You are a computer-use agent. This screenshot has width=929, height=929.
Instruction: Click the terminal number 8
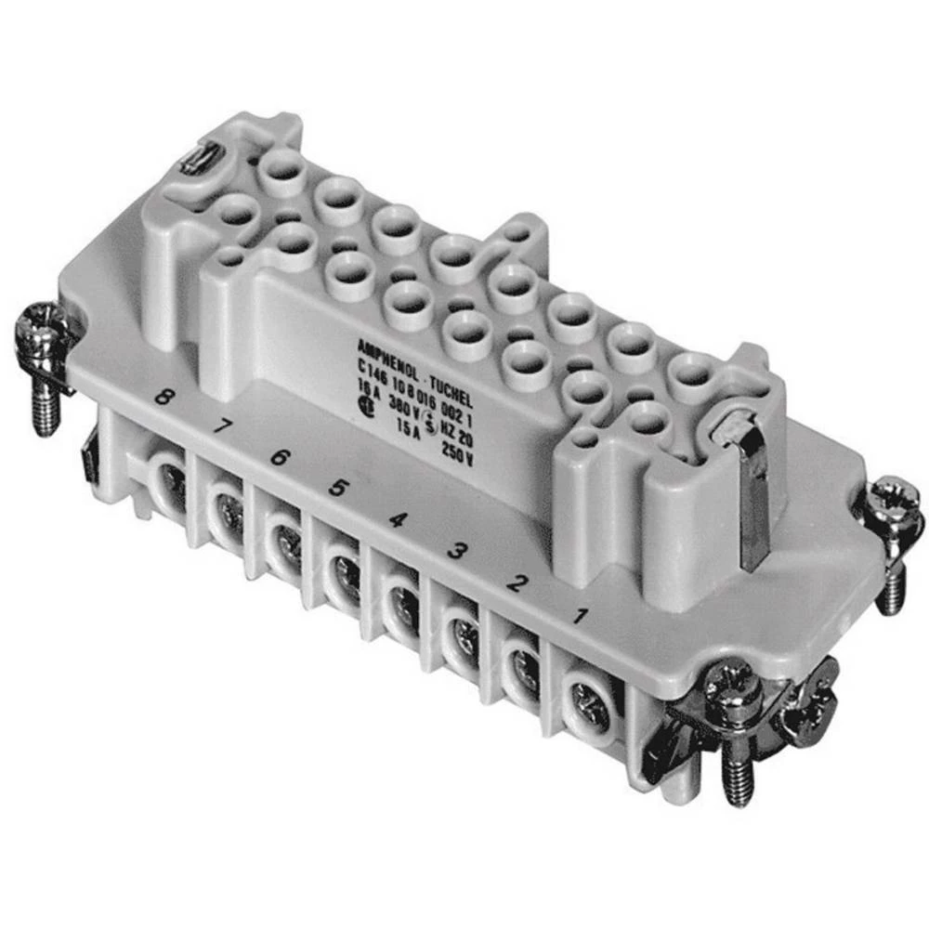click(164, 399)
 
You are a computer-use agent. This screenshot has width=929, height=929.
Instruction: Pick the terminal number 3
click(455, 552)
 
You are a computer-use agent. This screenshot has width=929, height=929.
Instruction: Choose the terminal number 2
click(514, 583)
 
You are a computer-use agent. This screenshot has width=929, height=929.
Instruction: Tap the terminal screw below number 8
click(172, 482)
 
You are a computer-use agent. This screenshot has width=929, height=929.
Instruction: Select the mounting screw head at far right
click(896, 501)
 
